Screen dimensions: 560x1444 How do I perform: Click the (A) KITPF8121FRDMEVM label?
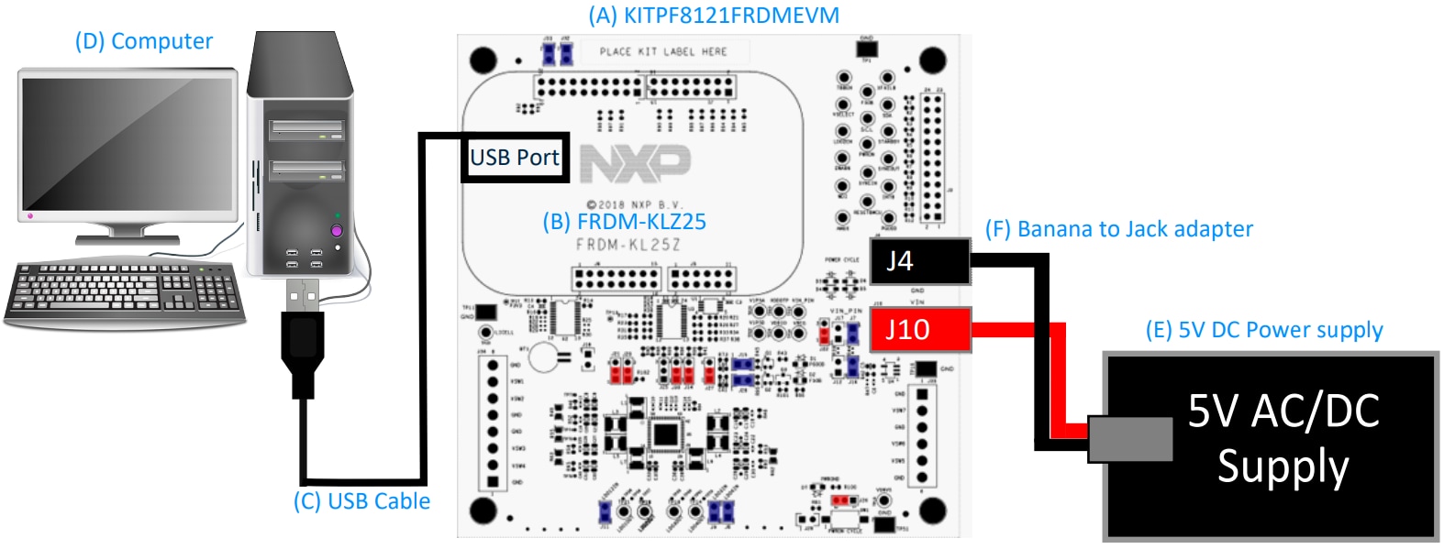pyautogui.click(x=713, y=16)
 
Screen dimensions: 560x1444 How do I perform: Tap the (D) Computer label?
pyautogui.click(x=143, y=41)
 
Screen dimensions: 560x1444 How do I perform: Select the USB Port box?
pyautogui.click(x=514, y=158)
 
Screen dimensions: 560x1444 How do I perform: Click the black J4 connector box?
pyautogui.click(x=919, y=261)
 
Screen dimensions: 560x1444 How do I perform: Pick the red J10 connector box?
pyautogui.click(x=919, y=329)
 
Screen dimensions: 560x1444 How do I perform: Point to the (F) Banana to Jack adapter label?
pyautogui.click(x=1118, y=229)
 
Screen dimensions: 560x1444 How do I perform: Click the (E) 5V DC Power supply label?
pyautogui.click(x=1263, y=330)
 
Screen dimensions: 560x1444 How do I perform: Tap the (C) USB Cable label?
pyautogui.click(x=361, y=501)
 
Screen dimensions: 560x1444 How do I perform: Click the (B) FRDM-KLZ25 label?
pyautogui.click(x=624, y=222)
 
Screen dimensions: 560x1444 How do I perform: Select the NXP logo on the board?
pyautogui.click(x=635, y=162)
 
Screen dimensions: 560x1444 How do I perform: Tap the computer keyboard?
pyautogui.click(x=125, y=292)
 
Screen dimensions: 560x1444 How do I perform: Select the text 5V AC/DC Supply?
pyautogui.click(x=1283, y=438)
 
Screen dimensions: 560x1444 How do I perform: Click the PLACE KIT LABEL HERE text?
pyautogui.click(x=662, y=52)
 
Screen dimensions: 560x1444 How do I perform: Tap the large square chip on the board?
pyautogui.click(x=665, y=435)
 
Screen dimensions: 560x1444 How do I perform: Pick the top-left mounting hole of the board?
pyautogui.click(x=483, y=60)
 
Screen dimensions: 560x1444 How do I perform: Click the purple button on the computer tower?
pyautogui.click(x=337, y=231)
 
